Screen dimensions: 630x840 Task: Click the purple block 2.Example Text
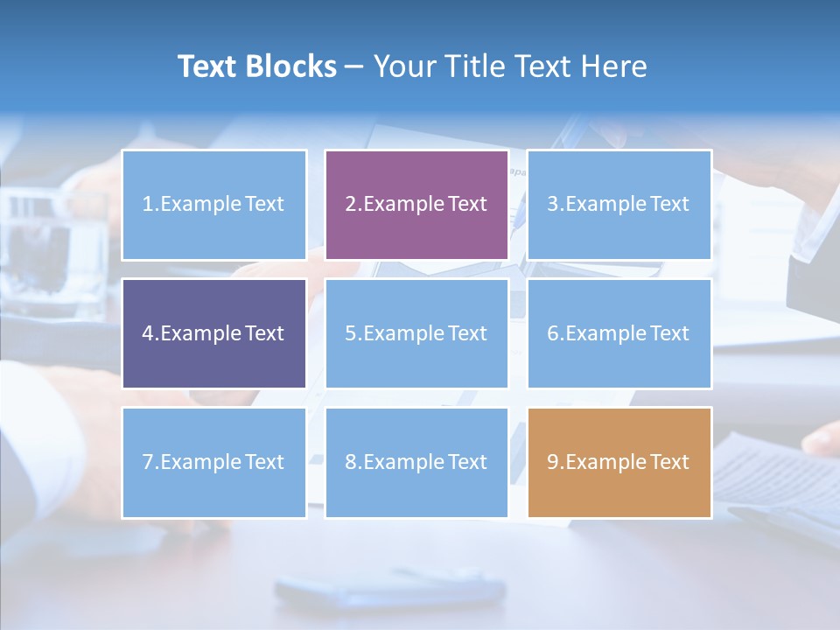coord(416,205)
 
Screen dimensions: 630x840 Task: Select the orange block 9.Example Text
coord(619,462)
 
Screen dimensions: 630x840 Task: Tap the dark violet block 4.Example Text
coord(214,333)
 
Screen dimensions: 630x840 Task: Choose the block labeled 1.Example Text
coord(214,205)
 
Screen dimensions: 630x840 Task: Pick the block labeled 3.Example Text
coord(619,205)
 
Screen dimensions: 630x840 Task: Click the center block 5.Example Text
coord(416,333)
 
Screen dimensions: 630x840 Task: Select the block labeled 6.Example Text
coord(619,333)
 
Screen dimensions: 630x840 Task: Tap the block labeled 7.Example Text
coord(214,462)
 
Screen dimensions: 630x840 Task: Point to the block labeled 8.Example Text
coord(416,462)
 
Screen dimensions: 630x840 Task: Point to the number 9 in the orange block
coord(553,462)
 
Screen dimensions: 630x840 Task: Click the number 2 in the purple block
coord(350,205)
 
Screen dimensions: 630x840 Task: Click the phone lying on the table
coord(389,589)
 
